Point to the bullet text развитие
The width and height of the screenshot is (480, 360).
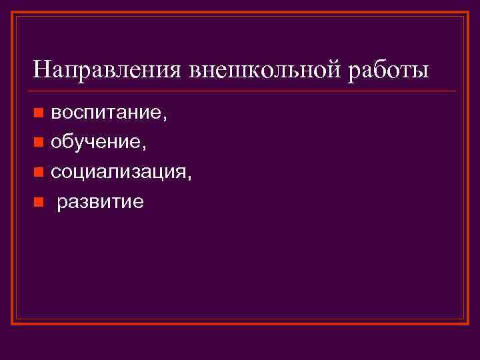point(101,202)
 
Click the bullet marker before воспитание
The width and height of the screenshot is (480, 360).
point(39,115)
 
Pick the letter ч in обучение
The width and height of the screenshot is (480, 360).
point(91,144)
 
